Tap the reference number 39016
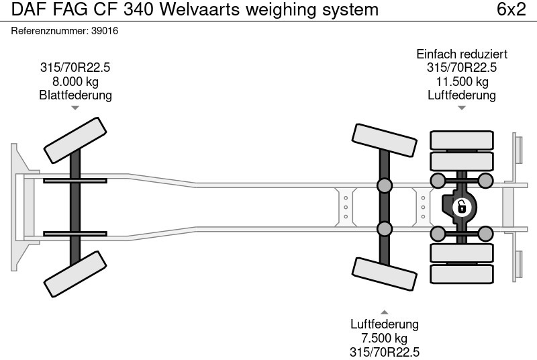105,31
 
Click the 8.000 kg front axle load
76,81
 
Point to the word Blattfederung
76,95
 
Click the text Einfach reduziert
462,54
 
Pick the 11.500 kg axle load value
462,81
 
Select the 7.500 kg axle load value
385,338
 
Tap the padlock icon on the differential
461,206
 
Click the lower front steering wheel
76,274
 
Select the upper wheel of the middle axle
385,140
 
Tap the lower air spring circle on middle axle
385,228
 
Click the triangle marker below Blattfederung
76,107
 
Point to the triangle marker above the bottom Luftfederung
385,312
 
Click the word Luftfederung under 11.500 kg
462,95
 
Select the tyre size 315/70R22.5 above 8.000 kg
76,67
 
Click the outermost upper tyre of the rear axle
462,140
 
